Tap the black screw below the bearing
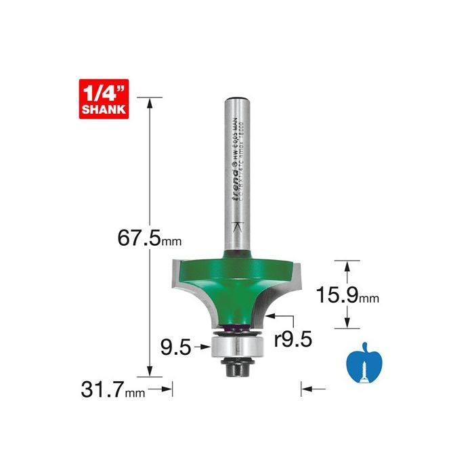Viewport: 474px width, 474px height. pyautogui.click(x=236, y=368)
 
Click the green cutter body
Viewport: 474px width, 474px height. pyautogui.click(x=236, y=284)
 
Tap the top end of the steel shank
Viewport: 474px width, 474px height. pyautogui.click(x=236, y=101)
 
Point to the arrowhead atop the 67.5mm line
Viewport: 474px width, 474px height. pyautogui.click(x=150, y=102)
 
